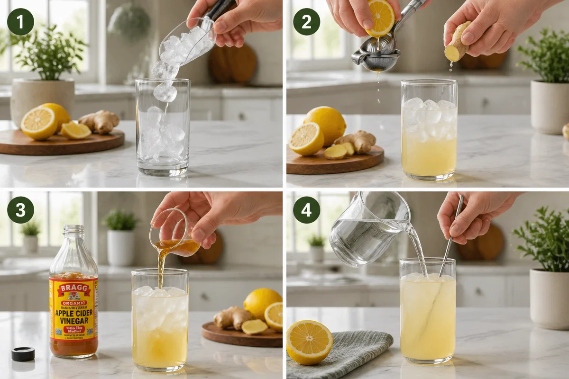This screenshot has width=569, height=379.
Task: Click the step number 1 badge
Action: [20, 21]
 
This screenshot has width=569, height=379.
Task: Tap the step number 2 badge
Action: [306, 21]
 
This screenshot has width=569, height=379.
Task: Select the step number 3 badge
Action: [20, 210]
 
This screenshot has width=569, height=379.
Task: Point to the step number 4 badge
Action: [306, 210]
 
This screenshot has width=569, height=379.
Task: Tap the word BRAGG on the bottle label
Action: [73, 288]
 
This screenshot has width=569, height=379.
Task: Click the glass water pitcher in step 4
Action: [365, 230]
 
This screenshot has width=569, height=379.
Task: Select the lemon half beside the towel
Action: [310, 342]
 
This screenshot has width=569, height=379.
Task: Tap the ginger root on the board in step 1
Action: [100, 122]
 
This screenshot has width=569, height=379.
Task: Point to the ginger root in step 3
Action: [232, 317]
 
